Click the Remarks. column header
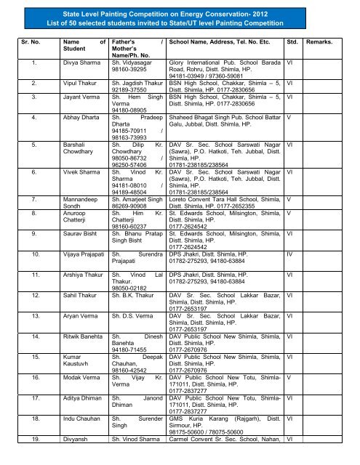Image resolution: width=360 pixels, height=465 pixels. click(321, 43)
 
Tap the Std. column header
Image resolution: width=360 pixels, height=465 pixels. click(295, 43)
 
